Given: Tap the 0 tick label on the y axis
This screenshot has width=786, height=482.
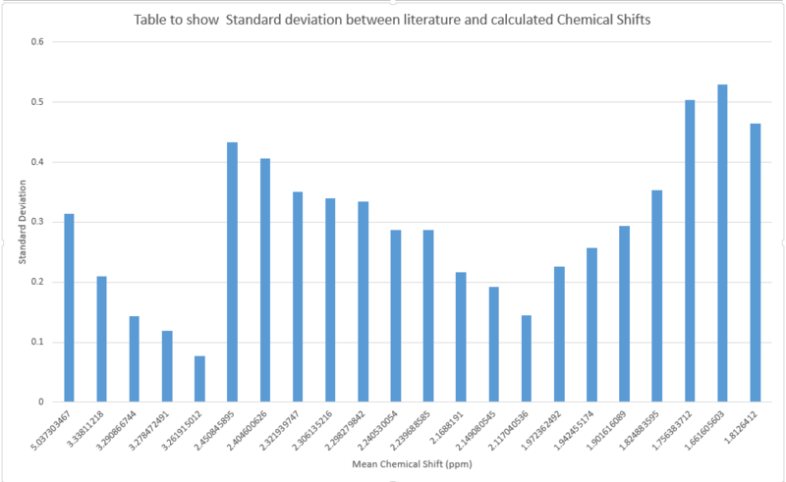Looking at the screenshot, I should tap(41, 402).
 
